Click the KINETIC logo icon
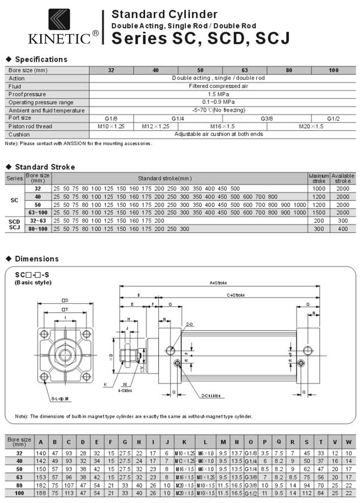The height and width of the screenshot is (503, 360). [59, 19]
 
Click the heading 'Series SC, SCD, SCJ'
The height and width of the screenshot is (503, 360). [200, 38]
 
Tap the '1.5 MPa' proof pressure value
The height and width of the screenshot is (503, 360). [218, 94]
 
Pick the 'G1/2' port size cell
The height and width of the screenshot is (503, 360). [333, 118]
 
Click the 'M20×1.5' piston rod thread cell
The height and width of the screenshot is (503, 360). [311, 126]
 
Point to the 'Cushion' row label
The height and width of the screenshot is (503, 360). [19, 134]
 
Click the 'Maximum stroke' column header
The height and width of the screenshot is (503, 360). [319, 179]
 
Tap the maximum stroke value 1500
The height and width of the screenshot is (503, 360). [319, 212]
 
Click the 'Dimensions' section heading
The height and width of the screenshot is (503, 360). [37, 259]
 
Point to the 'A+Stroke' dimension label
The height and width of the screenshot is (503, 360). [218, 282]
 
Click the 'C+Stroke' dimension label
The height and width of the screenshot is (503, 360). [236, 295]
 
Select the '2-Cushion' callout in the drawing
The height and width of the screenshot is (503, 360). [211, 395]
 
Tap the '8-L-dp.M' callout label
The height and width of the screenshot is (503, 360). [60, 399]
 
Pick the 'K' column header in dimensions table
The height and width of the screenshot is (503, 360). [184, 442]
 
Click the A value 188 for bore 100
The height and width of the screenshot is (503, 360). [40, 494]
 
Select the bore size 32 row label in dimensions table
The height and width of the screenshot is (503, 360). [19, 453]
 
